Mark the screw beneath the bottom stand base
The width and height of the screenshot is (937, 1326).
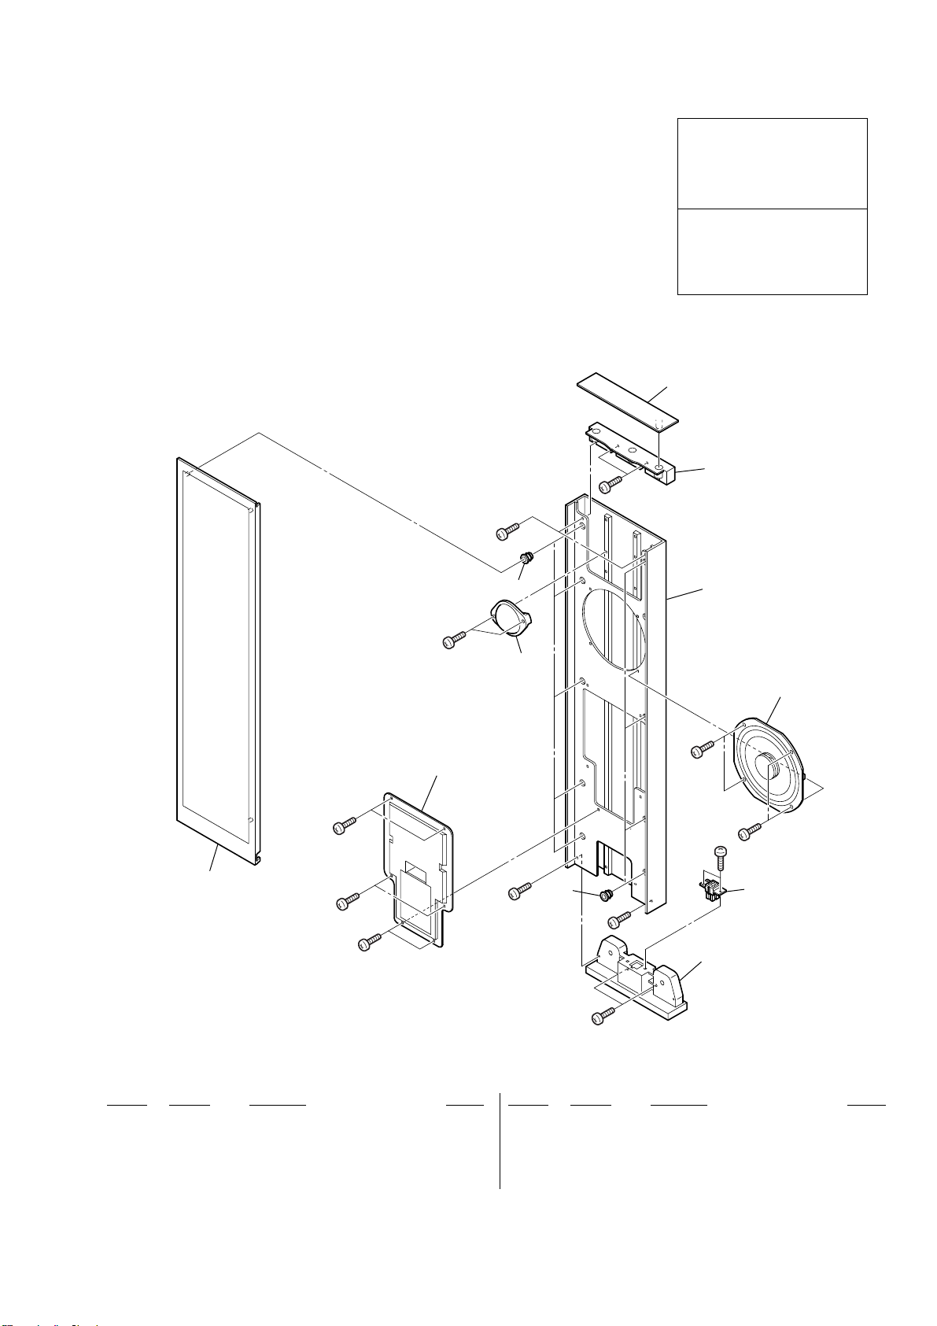tap(603, 1017)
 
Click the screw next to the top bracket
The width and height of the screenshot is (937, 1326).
tap(612, 483)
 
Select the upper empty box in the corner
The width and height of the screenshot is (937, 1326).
tap(772, 164)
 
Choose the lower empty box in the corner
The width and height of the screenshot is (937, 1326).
tap(772, 252)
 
